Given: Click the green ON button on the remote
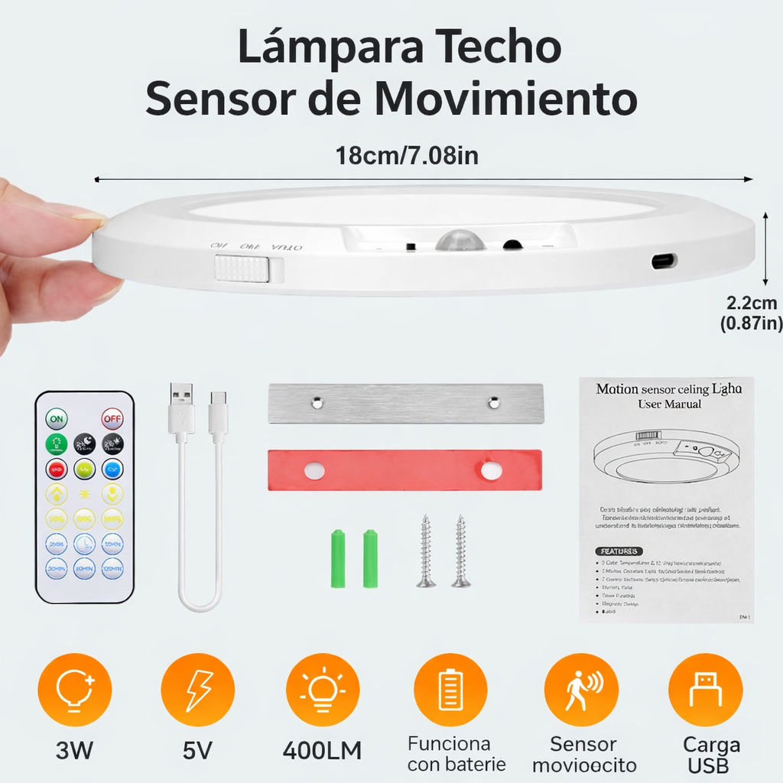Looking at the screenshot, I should pos(57,419).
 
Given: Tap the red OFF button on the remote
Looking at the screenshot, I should pos(112,419).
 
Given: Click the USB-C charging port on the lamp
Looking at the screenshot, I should pos(664,262).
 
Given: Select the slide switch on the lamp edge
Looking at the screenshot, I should pos(242,269).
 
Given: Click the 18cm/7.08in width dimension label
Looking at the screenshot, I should pos(407,156).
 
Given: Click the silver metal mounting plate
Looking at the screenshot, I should pos(405,403).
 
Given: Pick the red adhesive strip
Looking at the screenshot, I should pos(404,470).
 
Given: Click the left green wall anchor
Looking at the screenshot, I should pos(339,558).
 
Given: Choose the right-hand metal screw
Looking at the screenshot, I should pos(460,551).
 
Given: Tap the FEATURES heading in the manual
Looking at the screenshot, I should pos(619,551).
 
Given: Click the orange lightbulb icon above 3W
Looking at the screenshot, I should pos(75,690).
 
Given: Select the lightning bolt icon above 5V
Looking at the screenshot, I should pos(198,690).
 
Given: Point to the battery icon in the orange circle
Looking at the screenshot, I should pos(450,690).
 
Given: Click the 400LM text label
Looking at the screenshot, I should pos(322,750).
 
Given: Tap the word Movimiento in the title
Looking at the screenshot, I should pos(506,99).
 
